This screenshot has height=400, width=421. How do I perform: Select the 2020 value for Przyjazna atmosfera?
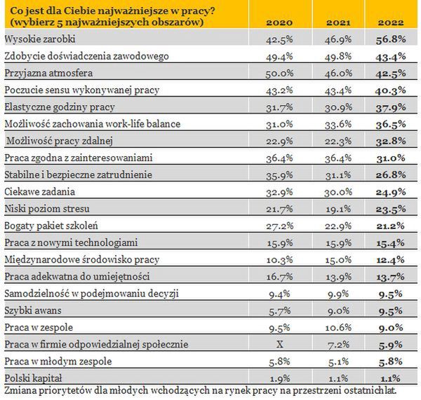tap(281, 72)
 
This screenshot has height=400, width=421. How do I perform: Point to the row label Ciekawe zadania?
tap(39, 190)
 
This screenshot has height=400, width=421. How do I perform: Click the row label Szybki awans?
tap(32, 310)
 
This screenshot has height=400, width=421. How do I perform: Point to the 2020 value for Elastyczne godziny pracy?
tap(281, 106)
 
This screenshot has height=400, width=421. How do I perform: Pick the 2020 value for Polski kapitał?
tap(282, 378)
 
